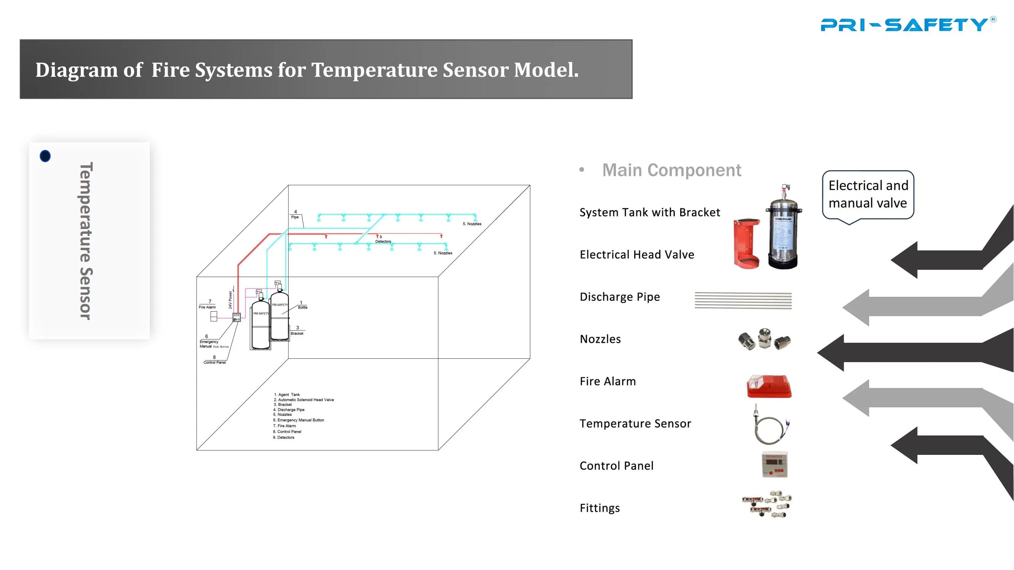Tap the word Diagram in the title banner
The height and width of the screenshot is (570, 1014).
pyautogui.click(x=76, y=70)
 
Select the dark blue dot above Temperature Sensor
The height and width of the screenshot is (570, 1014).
pyautogui.click(x=45, y=156)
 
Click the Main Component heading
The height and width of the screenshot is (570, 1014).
pyautogui.click(x=671, y=170)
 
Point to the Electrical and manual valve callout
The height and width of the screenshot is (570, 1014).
pyautogui.click(x=868, y=195)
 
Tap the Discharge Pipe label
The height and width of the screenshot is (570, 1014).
pyautogui.click(x=620, y=297)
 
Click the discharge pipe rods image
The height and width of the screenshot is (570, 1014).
pyautogui.click(x=743, y=301)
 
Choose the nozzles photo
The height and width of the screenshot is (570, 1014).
pyautogui.click(x=764, y=339)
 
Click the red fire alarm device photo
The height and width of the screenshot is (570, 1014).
pyautogui.click(x=769, y=386)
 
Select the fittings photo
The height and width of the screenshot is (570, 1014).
pyautogui.click(x=767, y=504)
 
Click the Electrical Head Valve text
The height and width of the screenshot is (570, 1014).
pyautogui.click(x=636, y=255)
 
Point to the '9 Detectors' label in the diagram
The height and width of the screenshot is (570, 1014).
pyautogui.click(x=382, y=239)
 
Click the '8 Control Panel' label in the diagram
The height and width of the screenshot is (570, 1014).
pyautogui.click(x=214, y=360)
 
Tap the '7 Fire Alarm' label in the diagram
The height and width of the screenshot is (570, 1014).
pyautogui.click(x=208, y=305)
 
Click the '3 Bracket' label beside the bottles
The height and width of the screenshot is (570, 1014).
pyautogui.click(x=297, y=331)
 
